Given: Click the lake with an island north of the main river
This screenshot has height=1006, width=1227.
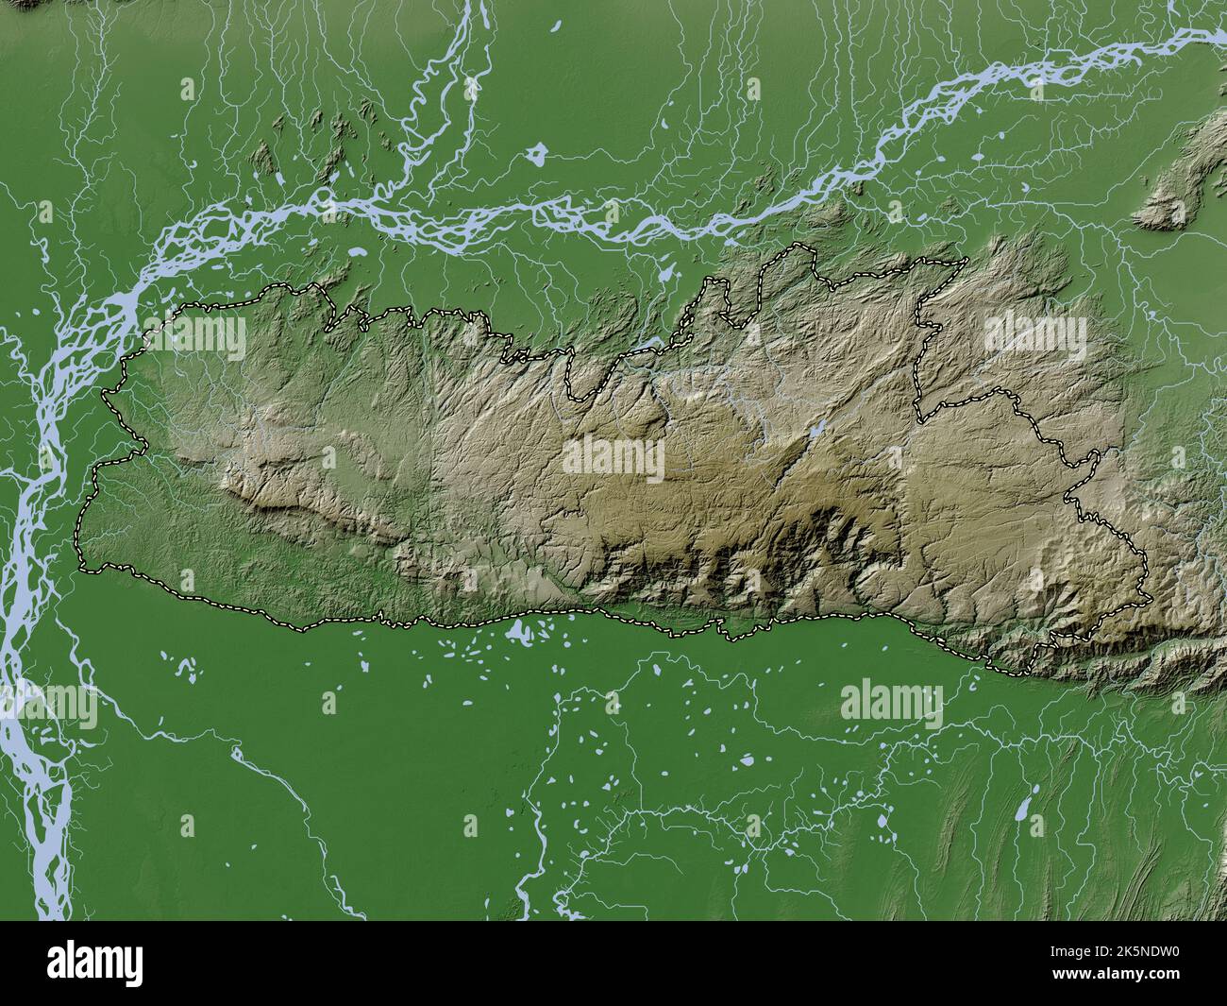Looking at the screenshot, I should pos(538,153).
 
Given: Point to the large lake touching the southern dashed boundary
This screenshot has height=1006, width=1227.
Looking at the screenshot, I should pos(517,630).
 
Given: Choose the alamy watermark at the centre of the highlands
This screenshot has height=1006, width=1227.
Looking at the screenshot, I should pos(613,459).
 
